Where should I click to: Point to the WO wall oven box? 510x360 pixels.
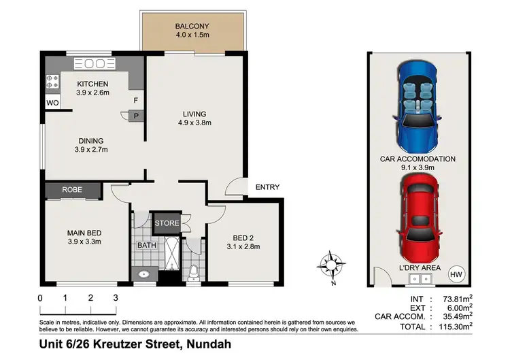click(x=52, y=103)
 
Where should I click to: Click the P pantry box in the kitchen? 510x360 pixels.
click(x=136, y=116)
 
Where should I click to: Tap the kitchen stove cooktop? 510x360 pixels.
click(x=52, y=82)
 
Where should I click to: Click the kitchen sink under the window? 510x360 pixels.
click(x=95, y=64)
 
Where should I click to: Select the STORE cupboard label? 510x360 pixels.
click(x=167, y=223)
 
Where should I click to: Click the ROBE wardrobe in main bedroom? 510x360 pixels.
click(x=73, y=190)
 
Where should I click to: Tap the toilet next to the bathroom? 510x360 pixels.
click(x=194, y=272)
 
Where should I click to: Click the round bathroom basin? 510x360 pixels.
click(x=143, y=275)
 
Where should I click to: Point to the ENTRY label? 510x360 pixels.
click(x=267, y=187)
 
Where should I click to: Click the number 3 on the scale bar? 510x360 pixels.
click(x=116, y=298)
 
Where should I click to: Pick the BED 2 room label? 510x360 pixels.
click(x=243, y=238)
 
